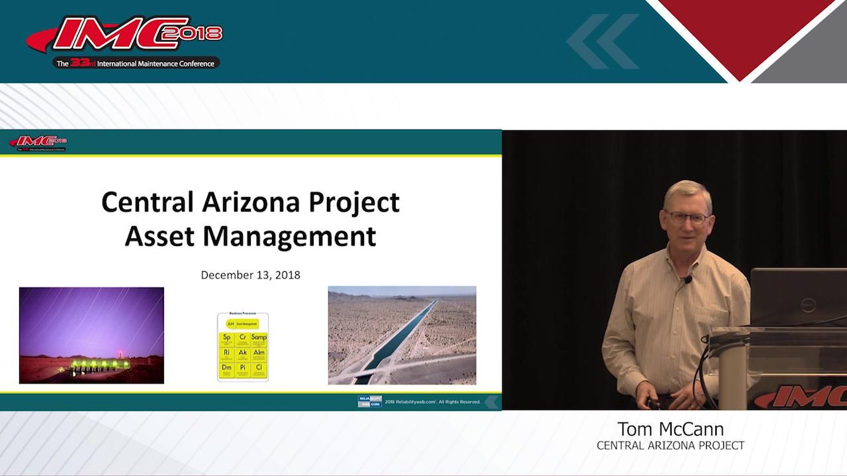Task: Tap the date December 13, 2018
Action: coord(250,274)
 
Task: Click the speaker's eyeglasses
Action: coord(688,218)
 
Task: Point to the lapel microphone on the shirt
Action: coord(688,280)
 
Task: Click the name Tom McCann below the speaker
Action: coord(670,428)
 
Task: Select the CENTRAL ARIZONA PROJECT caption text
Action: coord(670,446)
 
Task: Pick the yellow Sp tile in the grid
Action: coord(227,339)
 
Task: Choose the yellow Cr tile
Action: coord(243,339)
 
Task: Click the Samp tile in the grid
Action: coord(259,339)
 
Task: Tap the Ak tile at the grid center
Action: coord(243,354)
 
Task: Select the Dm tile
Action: coord(227,369)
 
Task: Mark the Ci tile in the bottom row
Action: coord(259,369)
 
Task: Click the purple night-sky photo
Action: coord(91,335)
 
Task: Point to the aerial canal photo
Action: coord(402,335)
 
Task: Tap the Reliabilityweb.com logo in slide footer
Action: coord(369,401)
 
